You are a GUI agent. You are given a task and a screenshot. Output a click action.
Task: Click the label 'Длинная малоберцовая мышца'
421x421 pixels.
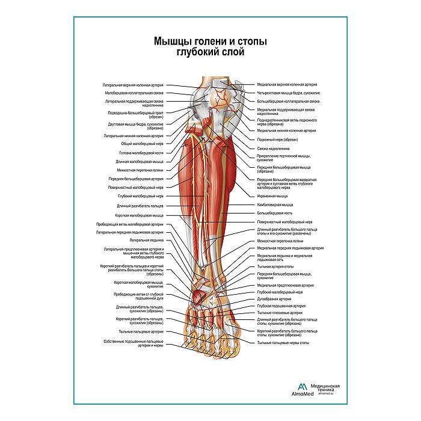pos(139,162)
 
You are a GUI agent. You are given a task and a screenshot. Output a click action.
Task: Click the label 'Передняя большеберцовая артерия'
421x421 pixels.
pos(136,179)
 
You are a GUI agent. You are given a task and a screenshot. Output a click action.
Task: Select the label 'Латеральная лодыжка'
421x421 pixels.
pos(147,239)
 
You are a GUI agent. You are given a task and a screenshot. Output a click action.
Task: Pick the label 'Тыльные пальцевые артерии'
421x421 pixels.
pos(140,331)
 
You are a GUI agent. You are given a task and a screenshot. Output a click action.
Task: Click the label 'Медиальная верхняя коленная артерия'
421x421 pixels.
pos(287,85)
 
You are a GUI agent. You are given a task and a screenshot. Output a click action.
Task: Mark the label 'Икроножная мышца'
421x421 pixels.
pos(272,196)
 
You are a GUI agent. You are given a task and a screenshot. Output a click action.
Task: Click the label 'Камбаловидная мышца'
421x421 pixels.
pos(275,204)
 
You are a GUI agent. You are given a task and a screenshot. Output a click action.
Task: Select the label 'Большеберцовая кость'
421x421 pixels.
pos(275,213)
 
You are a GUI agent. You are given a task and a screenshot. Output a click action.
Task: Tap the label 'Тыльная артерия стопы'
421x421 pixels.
pos(275,266)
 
